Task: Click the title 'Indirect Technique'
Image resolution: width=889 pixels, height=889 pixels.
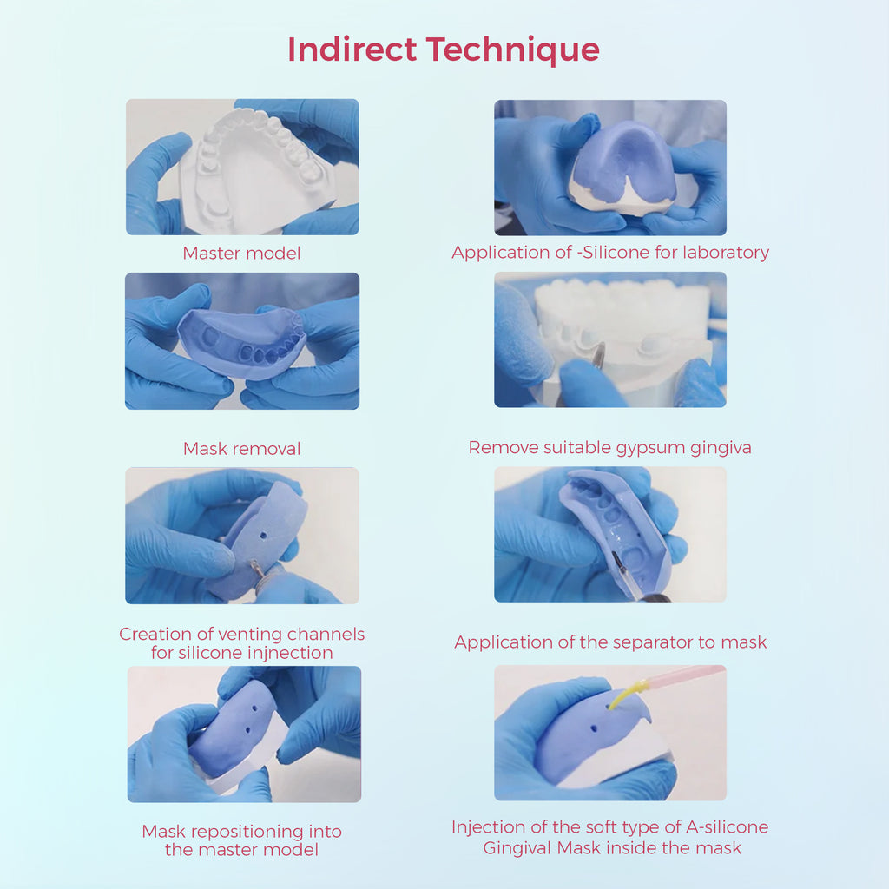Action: click(x=444, y=49)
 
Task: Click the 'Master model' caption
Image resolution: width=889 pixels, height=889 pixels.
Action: click(x=241, y=254)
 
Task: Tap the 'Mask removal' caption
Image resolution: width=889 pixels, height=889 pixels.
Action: click(x=241, y=449)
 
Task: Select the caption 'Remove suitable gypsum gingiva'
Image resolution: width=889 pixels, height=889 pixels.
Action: click(x=609, y=448)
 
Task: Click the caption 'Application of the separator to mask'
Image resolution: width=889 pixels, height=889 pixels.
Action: click(x=610, y=642)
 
